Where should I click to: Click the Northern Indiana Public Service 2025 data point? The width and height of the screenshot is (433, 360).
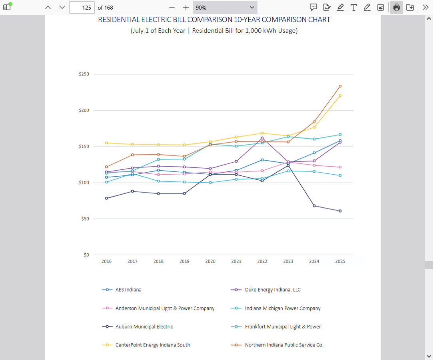pos(340,86)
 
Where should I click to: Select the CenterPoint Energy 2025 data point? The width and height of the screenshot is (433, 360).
pos(340,95)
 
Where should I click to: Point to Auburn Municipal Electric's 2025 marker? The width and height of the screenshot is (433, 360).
pos(340,211)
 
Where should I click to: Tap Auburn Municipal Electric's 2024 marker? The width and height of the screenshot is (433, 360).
pos(314,206)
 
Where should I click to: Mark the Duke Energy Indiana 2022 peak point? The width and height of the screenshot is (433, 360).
pos(262,138)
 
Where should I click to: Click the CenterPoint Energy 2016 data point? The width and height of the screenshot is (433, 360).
pos(106,143)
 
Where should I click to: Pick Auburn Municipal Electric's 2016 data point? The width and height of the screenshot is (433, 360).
pos(106,198)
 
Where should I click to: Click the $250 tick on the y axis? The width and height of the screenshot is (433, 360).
pos(84,74)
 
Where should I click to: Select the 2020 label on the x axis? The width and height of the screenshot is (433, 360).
pos(210,261)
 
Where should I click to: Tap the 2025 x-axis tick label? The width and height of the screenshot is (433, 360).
pos(340,261)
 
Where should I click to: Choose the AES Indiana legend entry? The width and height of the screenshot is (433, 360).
pos(128,290)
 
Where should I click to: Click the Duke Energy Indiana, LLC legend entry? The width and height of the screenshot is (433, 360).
pos(272,290)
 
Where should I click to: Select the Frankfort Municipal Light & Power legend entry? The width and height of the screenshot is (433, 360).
pos(283,326)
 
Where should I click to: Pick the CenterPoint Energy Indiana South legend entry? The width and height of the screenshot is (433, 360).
pos(152,345)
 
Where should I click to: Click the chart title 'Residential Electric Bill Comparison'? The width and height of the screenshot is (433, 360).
pos(214,20)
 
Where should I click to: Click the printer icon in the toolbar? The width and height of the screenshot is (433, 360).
pos(397,7)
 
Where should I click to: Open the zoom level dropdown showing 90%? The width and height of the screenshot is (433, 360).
pos(225,7)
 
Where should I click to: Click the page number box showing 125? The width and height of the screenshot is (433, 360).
pos(82,7)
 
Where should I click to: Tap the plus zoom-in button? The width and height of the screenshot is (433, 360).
pos(186,7)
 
